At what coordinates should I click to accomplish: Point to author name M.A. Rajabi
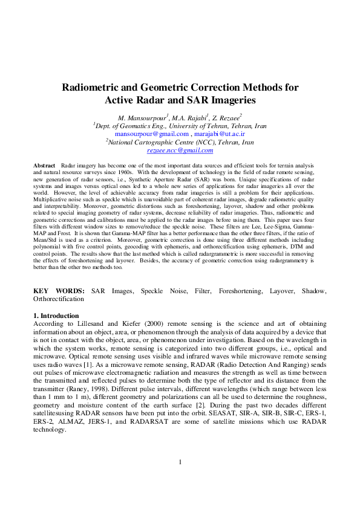tap(188, 116)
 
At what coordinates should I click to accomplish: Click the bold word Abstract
tap(44, 164)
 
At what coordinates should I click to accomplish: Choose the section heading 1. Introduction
tap(56, 316)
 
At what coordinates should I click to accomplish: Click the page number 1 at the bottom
tap(180, 479)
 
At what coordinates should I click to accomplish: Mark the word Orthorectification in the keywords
tap(59, 299)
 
